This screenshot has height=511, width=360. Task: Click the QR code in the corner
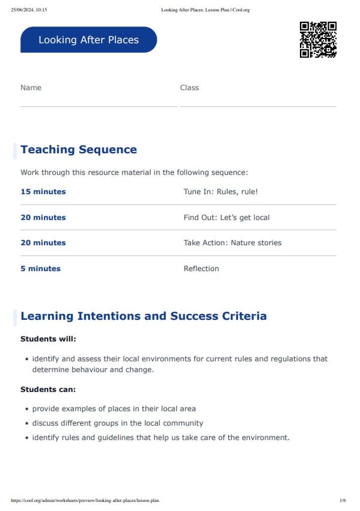click(x=318, y=40)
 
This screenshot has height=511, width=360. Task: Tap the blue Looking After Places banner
click(x=88, y=40)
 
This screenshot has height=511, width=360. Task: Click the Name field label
click(x=31, y=88)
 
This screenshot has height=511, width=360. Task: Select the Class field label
click(x=189, y=88)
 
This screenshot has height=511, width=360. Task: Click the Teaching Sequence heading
click(x=79, y=150)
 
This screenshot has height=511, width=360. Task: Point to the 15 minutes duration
click(x=43, y=192)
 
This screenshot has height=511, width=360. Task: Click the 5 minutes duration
click(x=40, y=269)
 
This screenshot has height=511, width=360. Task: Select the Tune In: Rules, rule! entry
click(x=221, y=192)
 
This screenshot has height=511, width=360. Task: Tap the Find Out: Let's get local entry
click(x=227, y=218)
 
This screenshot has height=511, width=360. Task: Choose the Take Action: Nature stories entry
click(x=233, y=243)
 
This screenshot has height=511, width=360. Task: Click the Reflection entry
click(x=201, y=269)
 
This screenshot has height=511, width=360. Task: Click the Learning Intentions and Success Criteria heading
click(x=144, y=316)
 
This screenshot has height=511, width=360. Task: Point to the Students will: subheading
click(x=48, y=339)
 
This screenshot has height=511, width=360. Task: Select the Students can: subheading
click(x=48, y=390)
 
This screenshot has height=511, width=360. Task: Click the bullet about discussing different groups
click(x=118, y=423)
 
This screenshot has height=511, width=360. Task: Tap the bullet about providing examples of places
click(x=114, y=409)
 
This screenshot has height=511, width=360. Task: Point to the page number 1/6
click(x=343, y=500)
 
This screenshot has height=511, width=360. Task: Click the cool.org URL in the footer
click(x=85, y=500)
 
